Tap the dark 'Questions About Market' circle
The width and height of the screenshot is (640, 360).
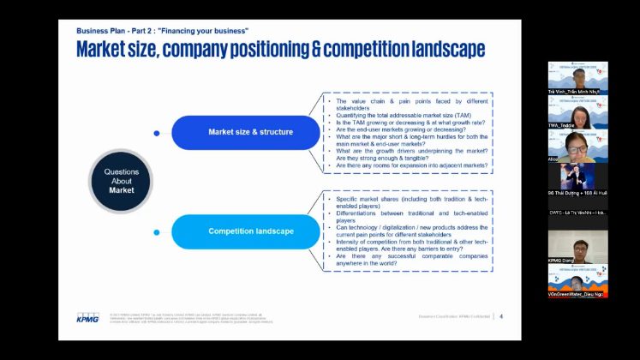pos(121,181)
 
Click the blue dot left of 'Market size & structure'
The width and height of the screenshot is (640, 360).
pos(156,133)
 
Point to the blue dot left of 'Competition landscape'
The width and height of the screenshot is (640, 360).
pos(156,231)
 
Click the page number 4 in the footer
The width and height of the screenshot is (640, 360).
pos(501,316)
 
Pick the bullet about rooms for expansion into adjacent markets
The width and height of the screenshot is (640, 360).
pos(407,165)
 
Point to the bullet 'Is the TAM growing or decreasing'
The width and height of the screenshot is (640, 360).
pos(403,123)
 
